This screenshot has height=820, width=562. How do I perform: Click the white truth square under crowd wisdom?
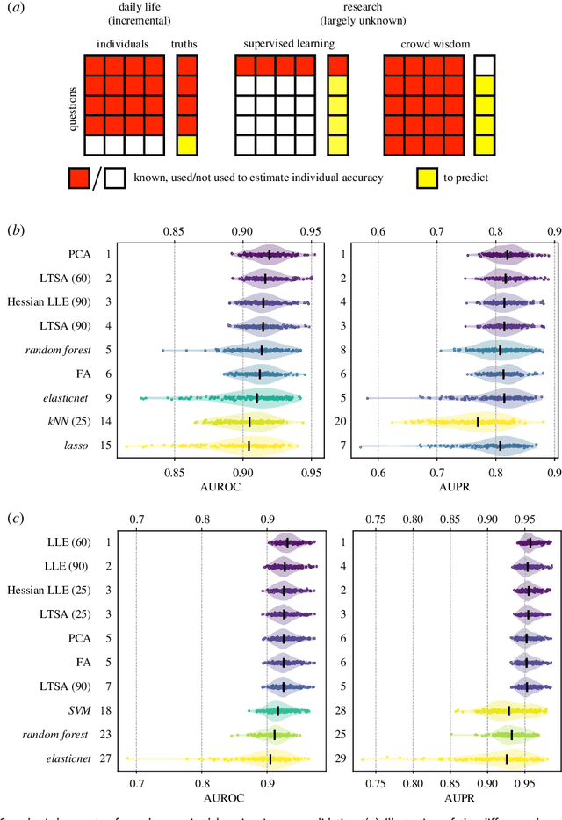(x=484, y=64)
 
